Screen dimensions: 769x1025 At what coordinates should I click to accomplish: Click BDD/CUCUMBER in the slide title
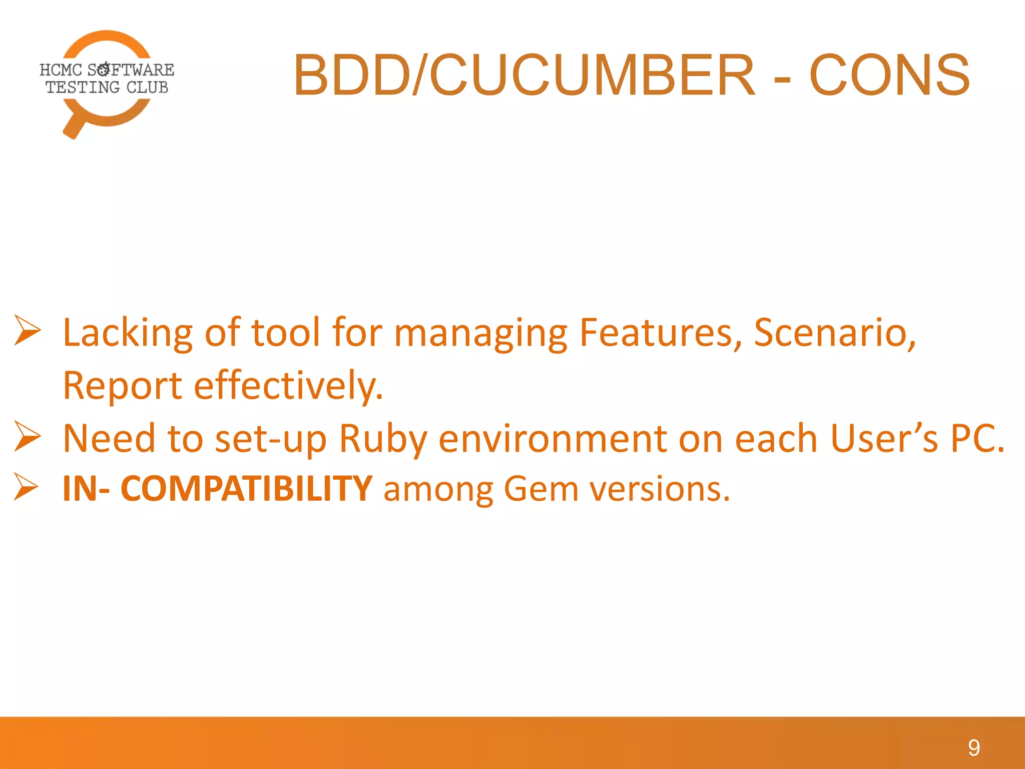[x=524, y=75]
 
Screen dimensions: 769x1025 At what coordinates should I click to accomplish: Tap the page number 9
[x=973, y=748]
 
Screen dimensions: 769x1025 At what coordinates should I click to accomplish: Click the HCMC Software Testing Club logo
[x=107, y=80]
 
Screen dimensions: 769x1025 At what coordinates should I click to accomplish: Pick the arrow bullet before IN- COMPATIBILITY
[x=26, y=486]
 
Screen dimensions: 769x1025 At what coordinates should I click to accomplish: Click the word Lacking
[x=128, y=333]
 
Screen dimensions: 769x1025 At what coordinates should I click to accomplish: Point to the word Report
[x=122, y=386]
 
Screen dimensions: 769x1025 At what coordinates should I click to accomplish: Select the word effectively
[x=288, y=386]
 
